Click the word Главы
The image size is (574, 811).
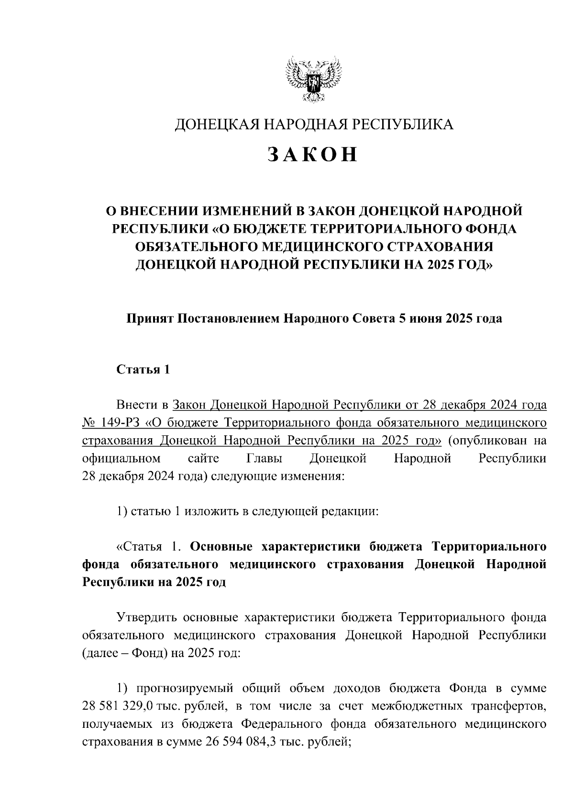pos(264,459)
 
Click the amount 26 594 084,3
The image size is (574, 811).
pos(243,742)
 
